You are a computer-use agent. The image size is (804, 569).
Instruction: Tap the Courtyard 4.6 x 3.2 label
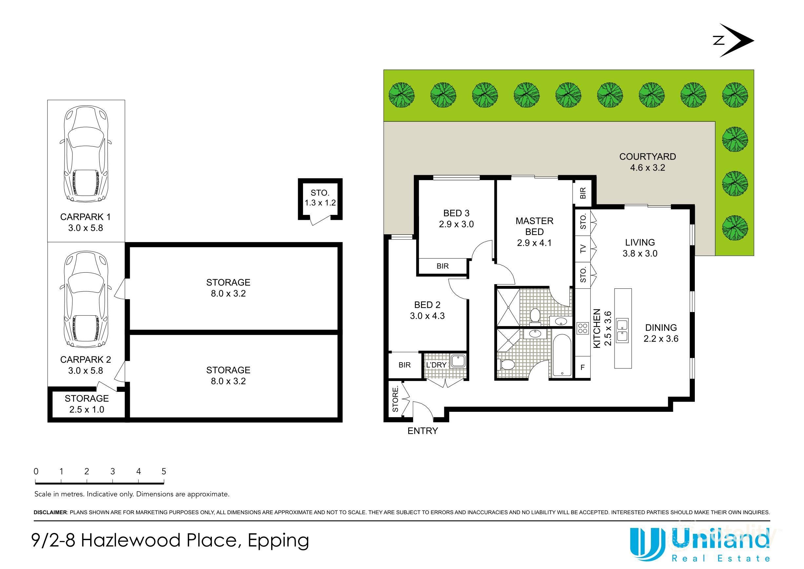[647, 162]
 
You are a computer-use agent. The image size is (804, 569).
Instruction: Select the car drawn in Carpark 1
[86, 154]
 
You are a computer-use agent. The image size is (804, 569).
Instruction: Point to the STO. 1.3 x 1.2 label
[320, 198]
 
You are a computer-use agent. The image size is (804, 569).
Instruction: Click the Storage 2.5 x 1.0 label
[87, 404]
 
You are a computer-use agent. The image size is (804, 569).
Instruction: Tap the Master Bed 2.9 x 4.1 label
[534, 232]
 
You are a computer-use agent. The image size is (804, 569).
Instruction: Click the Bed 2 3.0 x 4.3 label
[427, 310]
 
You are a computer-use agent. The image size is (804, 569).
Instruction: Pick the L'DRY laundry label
[436, 365]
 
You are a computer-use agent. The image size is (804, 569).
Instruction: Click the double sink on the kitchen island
[622, 330]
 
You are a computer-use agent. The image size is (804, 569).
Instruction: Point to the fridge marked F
[583, 368]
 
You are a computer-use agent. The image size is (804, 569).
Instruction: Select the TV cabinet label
[583, 249]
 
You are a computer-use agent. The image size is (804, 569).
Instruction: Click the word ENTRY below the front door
[423, 431]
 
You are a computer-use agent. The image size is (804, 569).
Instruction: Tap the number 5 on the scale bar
[164, 471]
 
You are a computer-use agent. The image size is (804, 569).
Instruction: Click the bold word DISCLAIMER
[50, 512]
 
